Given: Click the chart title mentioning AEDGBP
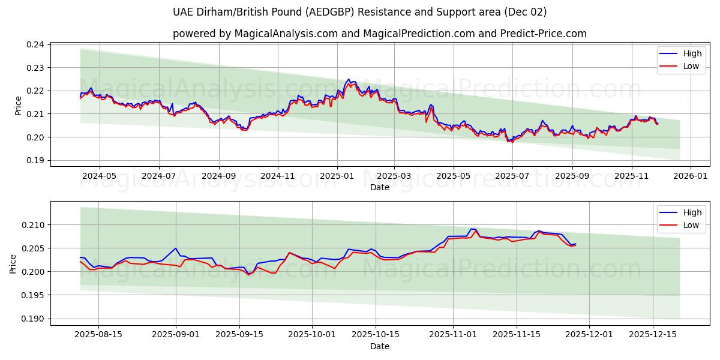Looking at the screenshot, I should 359,12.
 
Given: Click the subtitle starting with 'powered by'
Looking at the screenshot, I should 379,34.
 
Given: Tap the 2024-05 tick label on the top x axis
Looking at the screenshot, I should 99,177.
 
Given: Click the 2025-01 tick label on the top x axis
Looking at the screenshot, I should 337,177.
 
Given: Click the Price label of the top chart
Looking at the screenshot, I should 18,106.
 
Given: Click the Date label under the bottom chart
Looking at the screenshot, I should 379,346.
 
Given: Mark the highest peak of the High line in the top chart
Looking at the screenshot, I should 349,79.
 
